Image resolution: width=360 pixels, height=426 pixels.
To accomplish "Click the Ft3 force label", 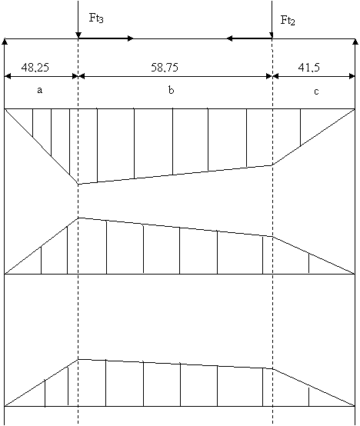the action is [x=96, y=18].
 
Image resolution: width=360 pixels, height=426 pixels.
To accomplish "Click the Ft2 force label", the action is [x=288, y=20].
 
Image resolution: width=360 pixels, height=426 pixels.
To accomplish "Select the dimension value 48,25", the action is [x=35, y=68].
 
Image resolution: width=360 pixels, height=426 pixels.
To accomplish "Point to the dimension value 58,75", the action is [x=165, y=67].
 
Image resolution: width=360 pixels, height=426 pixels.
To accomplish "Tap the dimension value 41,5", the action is [x=309, y=68].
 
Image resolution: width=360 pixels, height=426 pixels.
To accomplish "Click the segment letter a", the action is [x=40, y=90].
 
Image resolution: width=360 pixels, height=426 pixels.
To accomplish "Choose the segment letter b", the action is [x=171, y=90].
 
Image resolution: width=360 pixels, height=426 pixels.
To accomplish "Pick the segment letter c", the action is [x=316, y=92].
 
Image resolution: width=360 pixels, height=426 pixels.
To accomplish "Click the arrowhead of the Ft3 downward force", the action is [x=78, y=35].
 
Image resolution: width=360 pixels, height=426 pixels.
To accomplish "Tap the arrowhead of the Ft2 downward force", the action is [x=272, y=35].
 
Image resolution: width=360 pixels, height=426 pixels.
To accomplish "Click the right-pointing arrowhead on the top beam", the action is [x=131, y=38].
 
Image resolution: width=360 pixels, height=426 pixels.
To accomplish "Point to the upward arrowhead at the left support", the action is [x=5, y=42].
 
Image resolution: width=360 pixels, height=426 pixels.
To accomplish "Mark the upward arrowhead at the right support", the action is [x=355, y=42].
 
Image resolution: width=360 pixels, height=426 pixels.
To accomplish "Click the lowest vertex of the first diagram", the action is [x=78, y=185].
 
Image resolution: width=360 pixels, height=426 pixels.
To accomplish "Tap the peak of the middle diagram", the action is [x=78, y=218].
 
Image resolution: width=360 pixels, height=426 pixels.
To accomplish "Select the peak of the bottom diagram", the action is [x=78, y=359].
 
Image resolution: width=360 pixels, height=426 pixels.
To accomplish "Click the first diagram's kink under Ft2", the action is [x=272, y=165].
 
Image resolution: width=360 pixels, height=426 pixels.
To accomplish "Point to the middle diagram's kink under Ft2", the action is [x=272, y=237].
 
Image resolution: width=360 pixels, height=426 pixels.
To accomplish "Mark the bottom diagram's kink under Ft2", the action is [x=272, y=368].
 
